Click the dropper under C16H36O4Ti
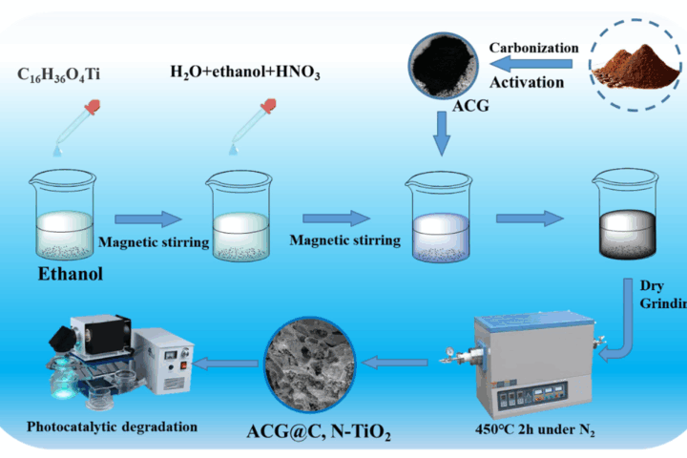coord(67,130)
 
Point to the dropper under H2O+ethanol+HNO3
coord(243,130)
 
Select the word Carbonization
coord(533,48)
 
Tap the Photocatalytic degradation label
coord(113,426)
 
